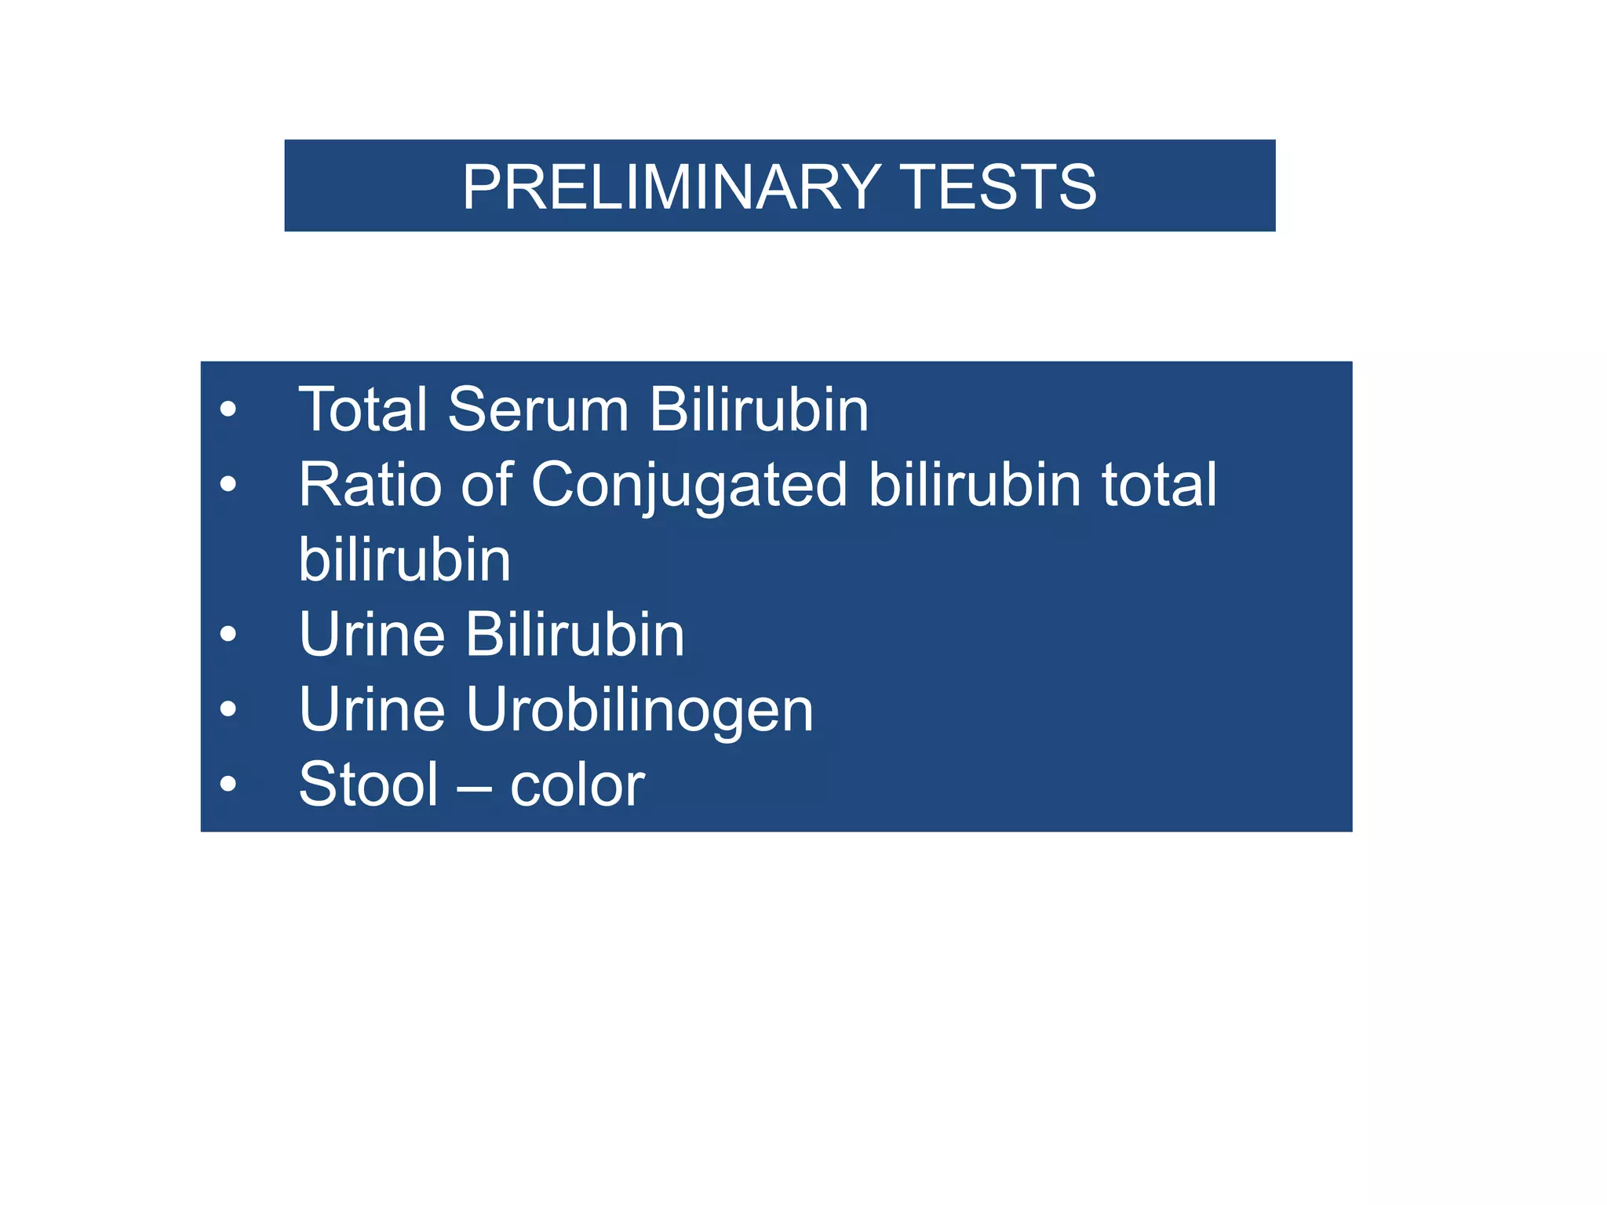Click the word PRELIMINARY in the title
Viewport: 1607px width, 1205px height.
tap(671, 187)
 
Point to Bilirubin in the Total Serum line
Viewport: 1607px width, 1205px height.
tap(759, 410)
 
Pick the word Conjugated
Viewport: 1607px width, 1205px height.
tap(690, 485)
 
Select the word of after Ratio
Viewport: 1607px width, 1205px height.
tap(486, 485)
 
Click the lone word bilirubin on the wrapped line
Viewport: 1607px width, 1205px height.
tap(405, 559)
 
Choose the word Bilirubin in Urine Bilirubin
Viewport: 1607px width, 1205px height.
tap(575, 634)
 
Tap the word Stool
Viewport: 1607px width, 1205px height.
tap(369, 785)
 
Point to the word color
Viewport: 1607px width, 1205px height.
tap(578, 785)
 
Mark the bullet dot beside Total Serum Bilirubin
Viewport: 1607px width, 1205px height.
tap(228, 410)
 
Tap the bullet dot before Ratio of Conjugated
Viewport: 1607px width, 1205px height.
tap(228, 484)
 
